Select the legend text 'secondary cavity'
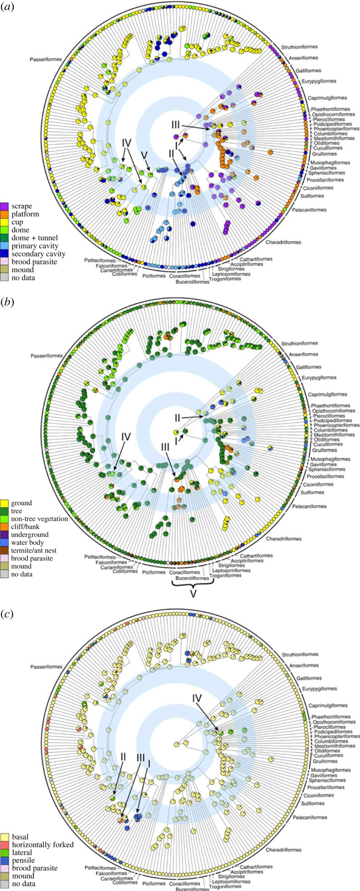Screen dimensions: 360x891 coord(38,254)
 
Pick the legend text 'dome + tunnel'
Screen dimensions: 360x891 coord(35,238)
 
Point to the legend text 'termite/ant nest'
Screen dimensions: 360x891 coord(34,550)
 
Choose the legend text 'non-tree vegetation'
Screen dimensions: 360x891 coord(39,519)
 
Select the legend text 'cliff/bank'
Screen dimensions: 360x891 coord(27,526)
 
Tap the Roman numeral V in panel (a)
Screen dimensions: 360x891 coord(145,155)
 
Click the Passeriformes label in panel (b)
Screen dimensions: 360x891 coord(46,356)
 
